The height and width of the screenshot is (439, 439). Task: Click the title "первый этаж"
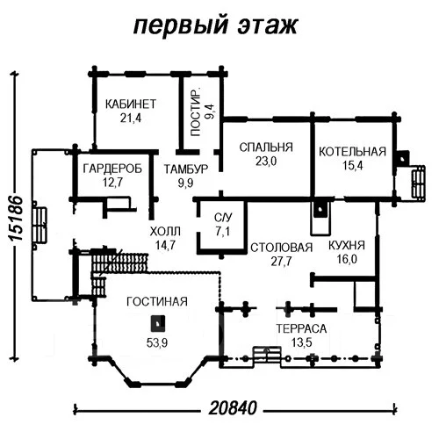click(216, 25)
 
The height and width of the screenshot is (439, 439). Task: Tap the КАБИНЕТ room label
click(131, 104)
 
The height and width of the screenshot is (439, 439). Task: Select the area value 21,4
click(131, 118)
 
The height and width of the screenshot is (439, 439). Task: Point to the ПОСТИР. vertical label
click(195, 112)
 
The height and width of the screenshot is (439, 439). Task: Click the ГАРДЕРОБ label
click(112, 169)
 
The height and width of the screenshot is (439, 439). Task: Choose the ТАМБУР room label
click(186, 169)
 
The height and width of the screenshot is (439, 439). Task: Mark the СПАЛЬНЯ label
click(266, 148)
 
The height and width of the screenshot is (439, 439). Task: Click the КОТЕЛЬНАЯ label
click(352, 152)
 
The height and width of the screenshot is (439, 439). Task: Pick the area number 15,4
click(353, 166)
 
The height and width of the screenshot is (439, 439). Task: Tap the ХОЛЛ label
click(165, 232)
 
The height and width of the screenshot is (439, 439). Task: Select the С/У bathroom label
click(223, 218)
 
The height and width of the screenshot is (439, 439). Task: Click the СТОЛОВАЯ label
click(281, 248)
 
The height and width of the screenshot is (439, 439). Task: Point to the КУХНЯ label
click(347, 245)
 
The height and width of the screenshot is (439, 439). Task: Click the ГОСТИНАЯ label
click(157, 301)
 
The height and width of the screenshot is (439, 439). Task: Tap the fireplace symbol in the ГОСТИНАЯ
click(158, 323)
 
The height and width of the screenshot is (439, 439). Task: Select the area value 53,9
click(157, 342)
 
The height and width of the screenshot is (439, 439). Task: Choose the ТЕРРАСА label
click(301, 328)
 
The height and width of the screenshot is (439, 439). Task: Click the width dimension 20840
click(233, 407)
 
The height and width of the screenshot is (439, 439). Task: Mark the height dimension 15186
click(15, 218)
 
